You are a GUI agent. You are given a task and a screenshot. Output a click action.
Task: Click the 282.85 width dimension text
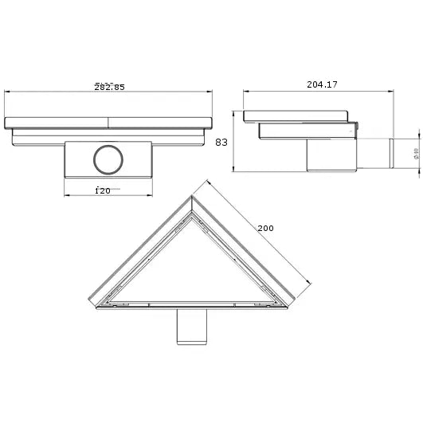109,88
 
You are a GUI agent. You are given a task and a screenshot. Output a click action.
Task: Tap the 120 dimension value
101,190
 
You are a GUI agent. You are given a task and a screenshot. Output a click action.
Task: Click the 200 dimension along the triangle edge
265,228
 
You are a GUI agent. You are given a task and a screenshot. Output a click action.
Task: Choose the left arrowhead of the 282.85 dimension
8,92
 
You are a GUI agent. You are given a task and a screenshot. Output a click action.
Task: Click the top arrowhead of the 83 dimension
232,111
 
